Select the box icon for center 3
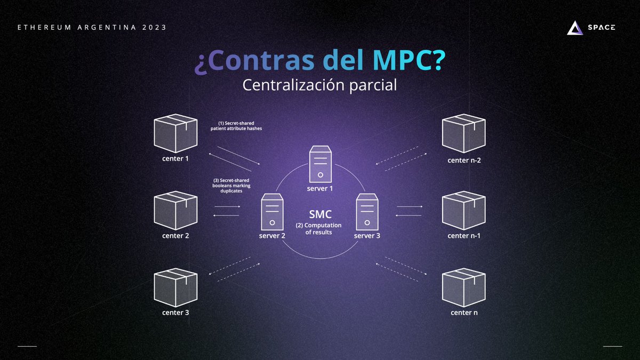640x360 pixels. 175,286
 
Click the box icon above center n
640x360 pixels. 464,286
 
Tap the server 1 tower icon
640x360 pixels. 320,165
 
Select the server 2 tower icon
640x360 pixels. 272,212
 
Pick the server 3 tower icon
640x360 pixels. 367,212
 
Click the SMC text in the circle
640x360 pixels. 320,214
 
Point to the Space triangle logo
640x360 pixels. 574,28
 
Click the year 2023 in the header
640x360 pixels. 154,27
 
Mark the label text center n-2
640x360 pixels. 464,159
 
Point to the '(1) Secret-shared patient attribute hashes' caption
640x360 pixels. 236,126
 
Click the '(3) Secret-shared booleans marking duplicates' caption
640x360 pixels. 228,185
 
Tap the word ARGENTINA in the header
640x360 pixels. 106,27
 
